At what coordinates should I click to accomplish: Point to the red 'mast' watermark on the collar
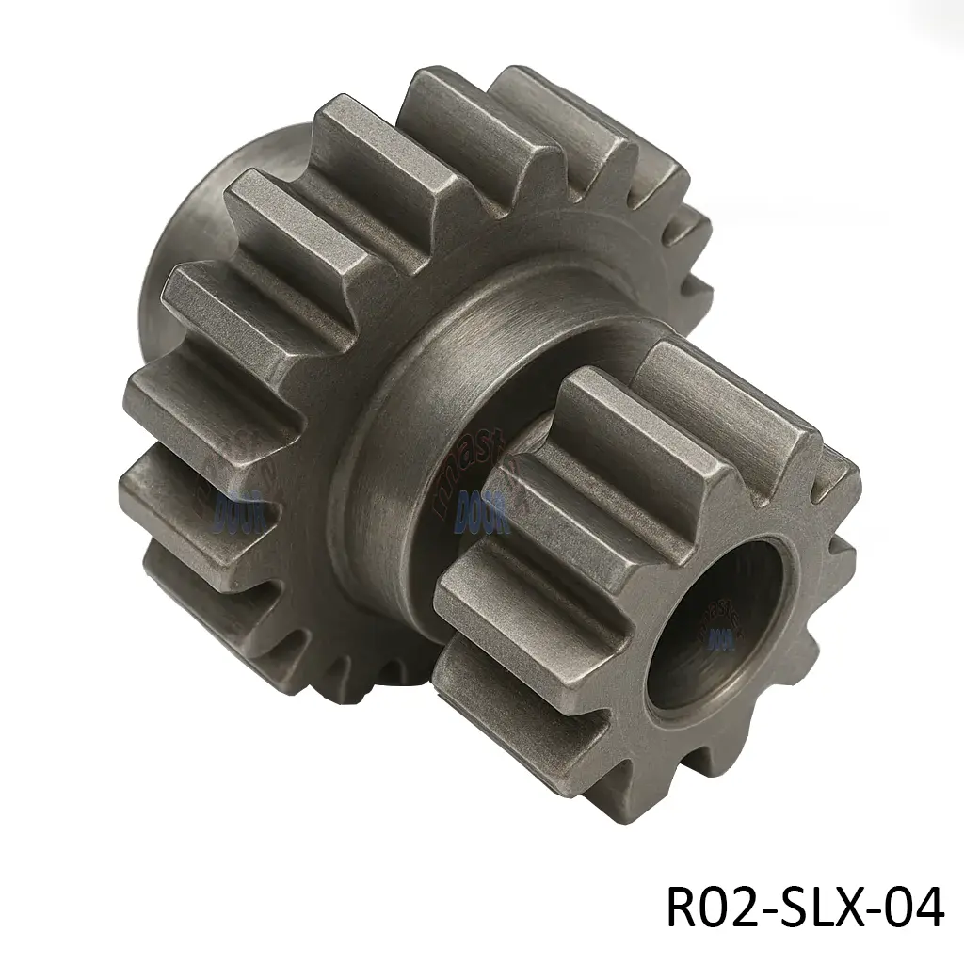tap(471, 461)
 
